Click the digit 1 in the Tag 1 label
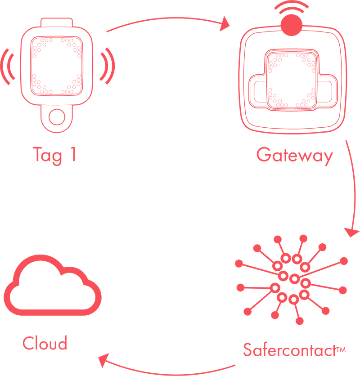coord(72,154)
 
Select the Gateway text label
coord(294,156)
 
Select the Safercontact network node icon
coord(293,280)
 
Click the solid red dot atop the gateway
coord(291,25)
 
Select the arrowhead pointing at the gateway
coord(224,25)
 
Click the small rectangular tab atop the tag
coord(56,22)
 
